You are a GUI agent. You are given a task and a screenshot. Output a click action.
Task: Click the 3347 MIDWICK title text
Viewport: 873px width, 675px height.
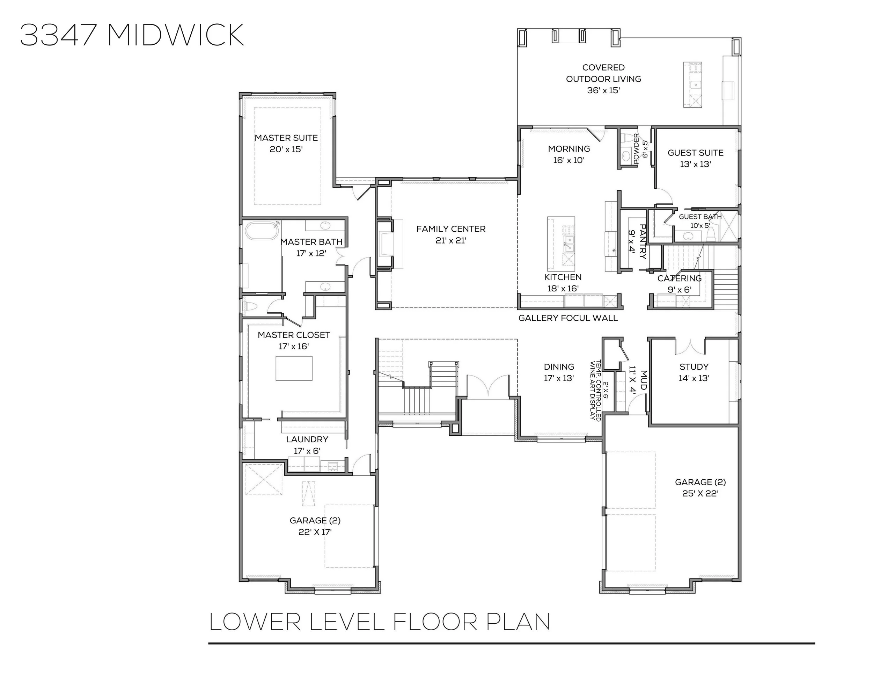132,35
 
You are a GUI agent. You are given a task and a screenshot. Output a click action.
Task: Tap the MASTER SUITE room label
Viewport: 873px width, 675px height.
286,138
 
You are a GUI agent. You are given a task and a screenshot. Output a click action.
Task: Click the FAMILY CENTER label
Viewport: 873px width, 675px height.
451,229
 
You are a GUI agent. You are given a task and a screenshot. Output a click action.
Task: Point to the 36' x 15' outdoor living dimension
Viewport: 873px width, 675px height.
603,90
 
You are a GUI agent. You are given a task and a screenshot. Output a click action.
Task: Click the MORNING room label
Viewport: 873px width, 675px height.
569,149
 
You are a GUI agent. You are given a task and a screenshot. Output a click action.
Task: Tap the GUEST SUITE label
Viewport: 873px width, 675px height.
696,153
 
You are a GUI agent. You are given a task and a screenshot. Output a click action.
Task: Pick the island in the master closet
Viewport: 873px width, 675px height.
294,368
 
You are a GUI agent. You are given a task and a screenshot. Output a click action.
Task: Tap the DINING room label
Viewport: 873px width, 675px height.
559,367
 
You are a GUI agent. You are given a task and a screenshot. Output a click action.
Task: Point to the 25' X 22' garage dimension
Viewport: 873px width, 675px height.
700,493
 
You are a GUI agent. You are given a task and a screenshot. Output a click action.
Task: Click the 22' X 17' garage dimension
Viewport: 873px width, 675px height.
315,532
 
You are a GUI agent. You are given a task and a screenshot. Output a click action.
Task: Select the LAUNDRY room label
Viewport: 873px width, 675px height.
307,440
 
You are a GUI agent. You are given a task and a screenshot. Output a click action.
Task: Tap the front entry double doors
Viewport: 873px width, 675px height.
488,385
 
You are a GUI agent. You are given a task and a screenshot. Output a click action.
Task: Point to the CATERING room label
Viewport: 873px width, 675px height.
680,278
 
